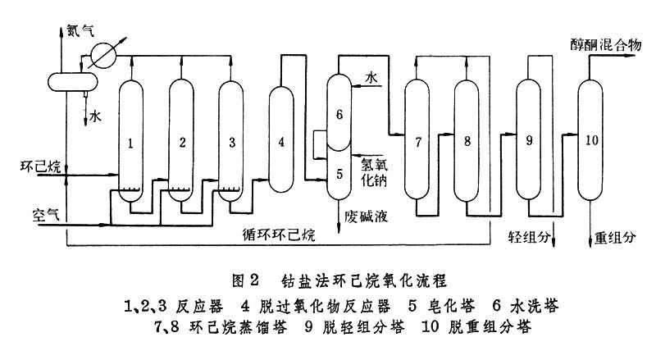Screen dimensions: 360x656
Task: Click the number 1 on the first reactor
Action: pyautogui.click(x=130, y=142)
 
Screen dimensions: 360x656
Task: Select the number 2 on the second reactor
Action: pyautogui.click(x=182, y=142)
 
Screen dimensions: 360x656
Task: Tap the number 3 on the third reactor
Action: pyautogui.click(x=232, y=142)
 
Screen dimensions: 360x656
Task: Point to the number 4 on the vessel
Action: pyautogui.click(x=281, y=142)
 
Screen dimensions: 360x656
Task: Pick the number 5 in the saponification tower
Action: pyautogui.click(x=338, y=173)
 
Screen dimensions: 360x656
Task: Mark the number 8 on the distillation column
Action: pyautogui.click(x=467, y=142)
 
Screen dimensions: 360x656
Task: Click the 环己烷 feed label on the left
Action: pyautogui.click(x=39, y=167)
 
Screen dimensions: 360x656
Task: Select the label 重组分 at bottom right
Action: pyautogui.click(x=615, y=239)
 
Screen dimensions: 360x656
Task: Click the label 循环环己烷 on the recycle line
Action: pyautogui.click(x=278, y=234)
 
